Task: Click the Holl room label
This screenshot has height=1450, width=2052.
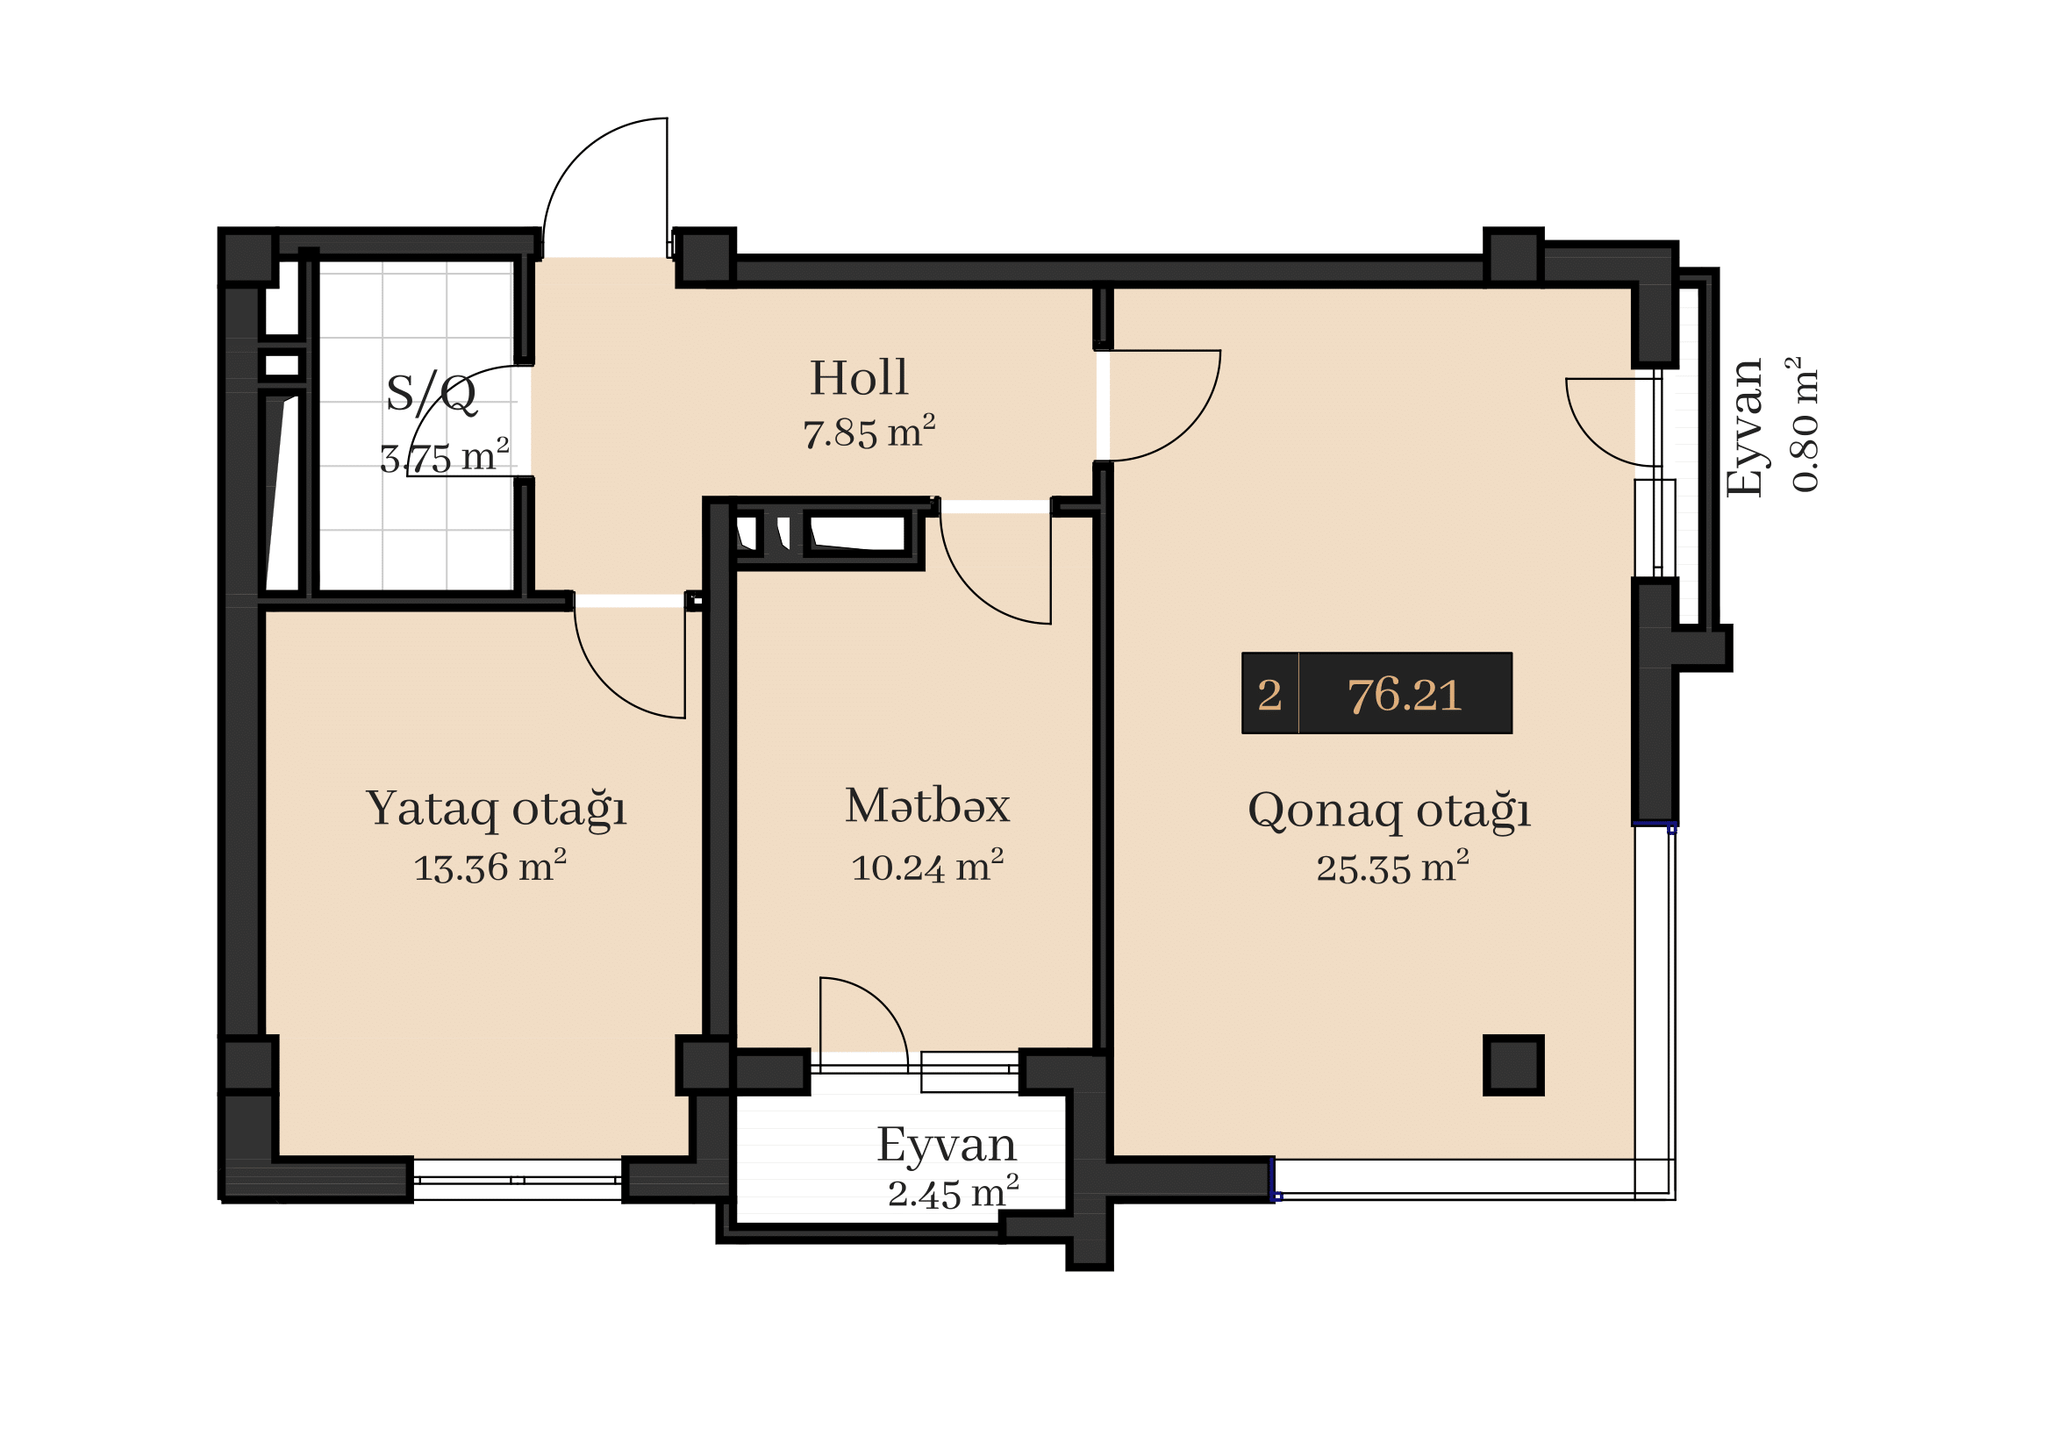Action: (x=859, y=378)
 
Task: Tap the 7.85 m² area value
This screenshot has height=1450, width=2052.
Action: (x=869, y=432)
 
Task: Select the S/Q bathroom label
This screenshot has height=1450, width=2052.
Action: (x=432, y=394)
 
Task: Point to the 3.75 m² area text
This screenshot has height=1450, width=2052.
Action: (x=444, y=456)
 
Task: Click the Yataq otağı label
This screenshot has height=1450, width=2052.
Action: (x=496, y=810)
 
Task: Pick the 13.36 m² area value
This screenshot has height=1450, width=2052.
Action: (x=490, y=867)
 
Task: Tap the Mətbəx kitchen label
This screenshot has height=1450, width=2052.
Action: (x=926, y=806)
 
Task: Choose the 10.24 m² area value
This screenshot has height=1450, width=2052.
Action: (x=926, y=867)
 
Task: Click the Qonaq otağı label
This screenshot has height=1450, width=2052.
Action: (x=1389, y=811)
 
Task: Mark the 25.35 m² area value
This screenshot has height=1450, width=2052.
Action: (x=1392, y=868)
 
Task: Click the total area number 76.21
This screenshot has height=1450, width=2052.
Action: (x=1404, y=695)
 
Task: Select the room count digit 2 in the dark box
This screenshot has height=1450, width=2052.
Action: (x=1269, y=695)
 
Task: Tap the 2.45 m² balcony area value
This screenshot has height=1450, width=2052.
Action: (x=953, y=1193)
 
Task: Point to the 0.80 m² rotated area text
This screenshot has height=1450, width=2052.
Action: (x=1805, y=425)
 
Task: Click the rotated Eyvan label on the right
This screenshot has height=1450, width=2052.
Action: (x=1746, y=427)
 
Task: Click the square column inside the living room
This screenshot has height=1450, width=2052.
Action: (x=1513, y=1065)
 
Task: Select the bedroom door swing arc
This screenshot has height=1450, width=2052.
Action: (x=608, y=688)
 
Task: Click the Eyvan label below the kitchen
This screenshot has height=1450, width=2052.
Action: (x=947, y=1146)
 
